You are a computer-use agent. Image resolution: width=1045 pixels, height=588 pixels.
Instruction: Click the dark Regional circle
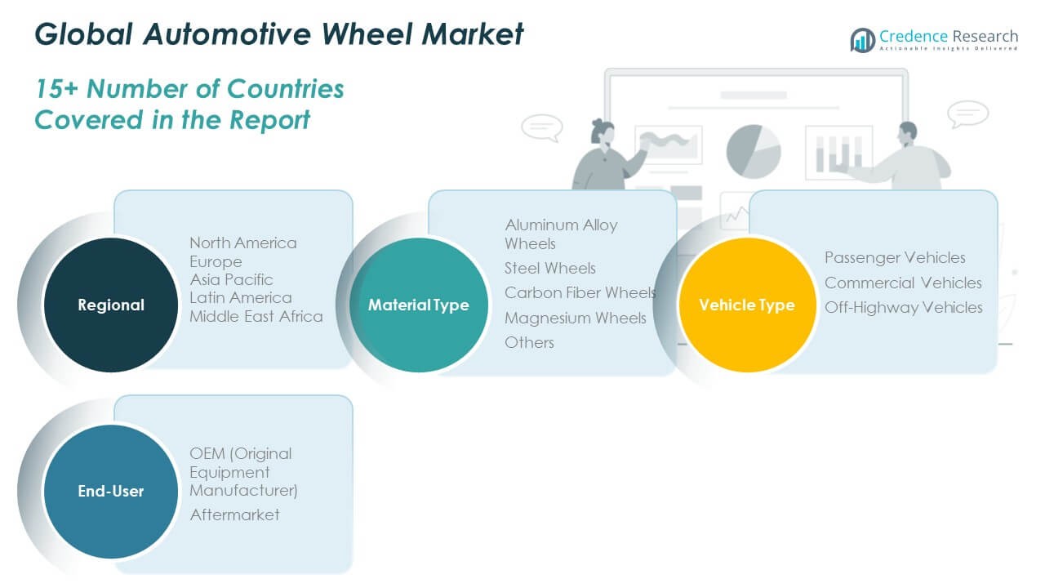(x=110, y=305)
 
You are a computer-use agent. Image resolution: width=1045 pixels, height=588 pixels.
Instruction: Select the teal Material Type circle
(x=419, y=305)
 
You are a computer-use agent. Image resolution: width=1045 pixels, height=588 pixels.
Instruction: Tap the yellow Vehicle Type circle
(x=746, y=305)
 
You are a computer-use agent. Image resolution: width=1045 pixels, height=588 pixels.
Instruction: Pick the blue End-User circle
(x=110, y=491)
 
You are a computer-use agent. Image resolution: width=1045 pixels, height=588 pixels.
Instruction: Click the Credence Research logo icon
(x=862, y=39)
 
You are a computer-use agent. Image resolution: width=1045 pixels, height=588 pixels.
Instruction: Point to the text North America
(x=243, y=243)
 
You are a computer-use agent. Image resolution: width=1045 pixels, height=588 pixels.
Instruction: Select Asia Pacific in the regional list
(x=231, y=279)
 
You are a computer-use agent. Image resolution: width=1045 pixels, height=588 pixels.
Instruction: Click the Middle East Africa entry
(x=256, y=316)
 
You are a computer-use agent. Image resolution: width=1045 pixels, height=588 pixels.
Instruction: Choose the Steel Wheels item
(x=550, y=268)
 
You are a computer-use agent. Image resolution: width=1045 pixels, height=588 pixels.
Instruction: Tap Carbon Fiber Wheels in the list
(x=580, y=292)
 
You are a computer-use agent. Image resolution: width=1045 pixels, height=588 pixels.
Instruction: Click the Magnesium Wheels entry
(x=575, y=318)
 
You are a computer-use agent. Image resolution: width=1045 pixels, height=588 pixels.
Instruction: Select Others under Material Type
(x=529, y=342)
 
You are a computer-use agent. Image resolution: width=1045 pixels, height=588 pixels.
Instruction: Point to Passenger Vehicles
(x=895, y=257)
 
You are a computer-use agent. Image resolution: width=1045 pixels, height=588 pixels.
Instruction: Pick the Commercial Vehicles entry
(x=903, y=283)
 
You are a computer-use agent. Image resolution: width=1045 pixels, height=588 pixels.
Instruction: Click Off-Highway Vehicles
(x=903, y=307)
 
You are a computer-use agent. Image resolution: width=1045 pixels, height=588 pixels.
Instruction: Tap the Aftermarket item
(x=234, y=514)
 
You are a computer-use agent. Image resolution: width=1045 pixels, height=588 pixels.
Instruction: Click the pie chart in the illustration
(x=754, y=150)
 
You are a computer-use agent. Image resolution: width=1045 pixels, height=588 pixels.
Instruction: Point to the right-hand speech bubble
(x=968, y=113)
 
